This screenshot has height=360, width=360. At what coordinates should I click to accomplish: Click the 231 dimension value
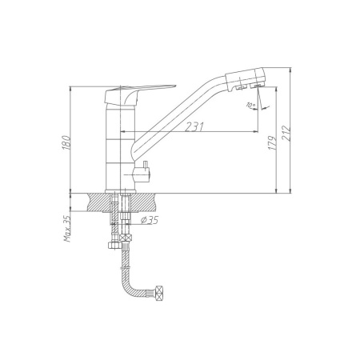[194, 126]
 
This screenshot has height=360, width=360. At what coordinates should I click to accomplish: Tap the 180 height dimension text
[66, 142]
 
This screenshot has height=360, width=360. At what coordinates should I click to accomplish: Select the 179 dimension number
[272, 142]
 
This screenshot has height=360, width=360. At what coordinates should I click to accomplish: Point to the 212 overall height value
[286, 133]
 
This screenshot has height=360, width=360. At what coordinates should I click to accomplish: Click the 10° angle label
[250, 105]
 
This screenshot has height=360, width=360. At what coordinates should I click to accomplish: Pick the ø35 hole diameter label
[150, 220]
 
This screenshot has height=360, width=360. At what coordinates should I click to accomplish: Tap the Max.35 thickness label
[68, 229]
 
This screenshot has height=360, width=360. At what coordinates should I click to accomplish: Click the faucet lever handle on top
[139, 94]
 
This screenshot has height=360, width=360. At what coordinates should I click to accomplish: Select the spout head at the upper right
[246, 79]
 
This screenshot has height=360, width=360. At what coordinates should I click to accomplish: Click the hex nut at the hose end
[159, 293]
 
